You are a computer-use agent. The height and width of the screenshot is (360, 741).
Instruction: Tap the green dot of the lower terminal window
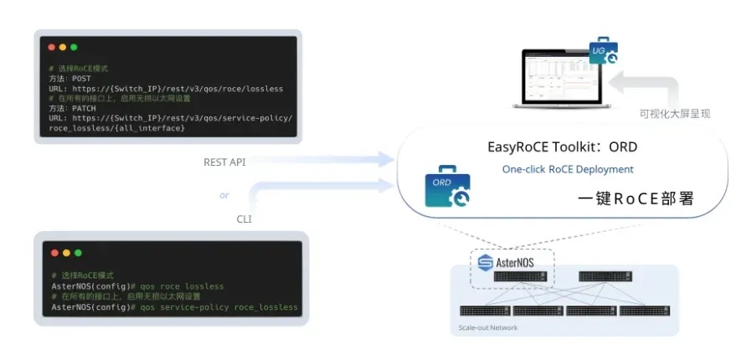(75, 252)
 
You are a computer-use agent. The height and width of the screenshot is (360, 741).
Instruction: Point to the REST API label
(225, 161)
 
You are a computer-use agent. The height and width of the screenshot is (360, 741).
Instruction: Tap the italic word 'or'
(224, 195)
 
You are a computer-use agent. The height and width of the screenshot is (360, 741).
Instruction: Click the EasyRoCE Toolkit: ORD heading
(562, 147)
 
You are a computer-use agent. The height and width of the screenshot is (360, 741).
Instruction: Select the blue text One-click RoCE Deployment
(568, 169)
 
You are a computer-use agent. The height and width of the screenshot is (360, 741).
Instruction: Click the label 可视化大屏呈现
(674, 113)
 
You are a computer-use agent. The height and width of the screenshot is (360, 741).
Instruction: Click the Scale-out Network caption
(489, 327)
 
